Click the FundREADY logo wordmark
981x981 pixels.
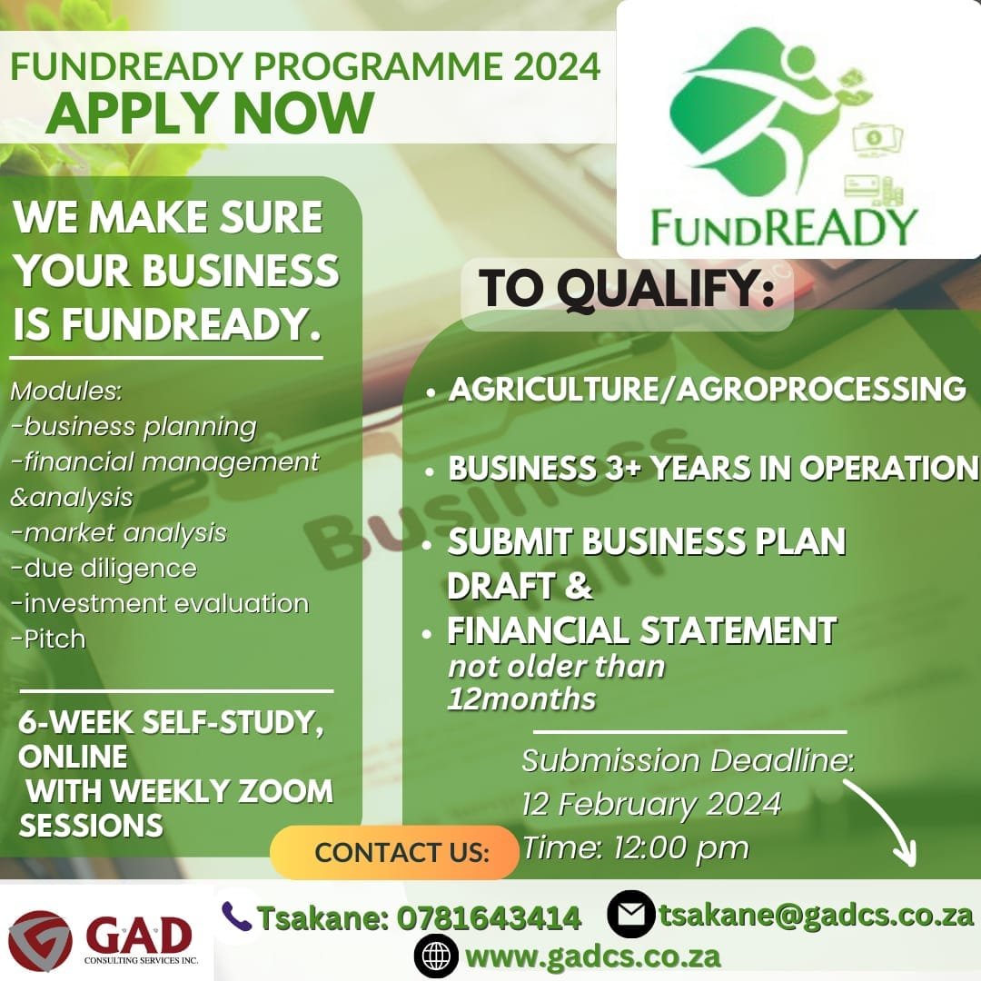784,226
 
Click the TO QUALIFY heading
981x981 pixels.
627,289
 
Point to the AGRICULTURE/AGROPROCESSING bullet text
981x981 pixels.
707,389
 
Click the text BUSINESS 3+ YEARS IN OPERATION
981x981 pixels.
713,468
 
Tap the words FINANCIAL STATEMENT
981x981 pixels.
641,629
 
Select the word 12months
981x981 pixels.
521,699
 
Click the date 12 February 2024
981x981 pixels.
650,804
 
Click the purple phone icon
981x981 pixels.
237,916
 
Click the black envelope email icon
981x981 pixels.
631,914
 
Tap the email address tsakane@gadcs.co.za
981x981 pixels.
817,914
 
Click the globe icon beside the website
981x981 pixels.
435,956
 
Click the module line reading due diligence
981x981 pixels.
104,568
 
